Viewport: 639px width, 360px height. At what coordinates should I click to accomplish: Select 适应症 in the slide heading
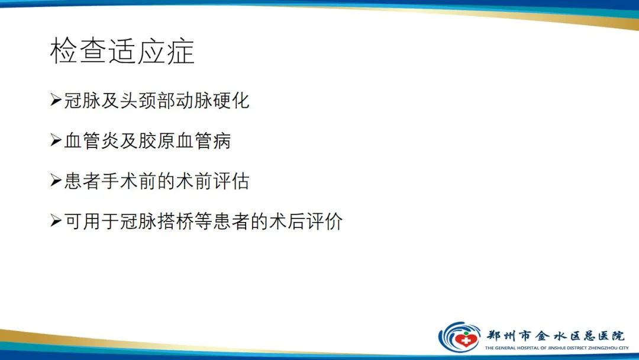pos(151,52)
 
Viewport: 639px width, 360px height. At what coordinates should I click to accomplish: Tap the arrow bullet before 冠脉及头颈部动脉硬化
pos(56,100)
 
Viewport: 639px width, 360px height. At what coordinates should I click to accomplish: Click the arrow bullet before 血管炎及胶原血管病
pos(56,140)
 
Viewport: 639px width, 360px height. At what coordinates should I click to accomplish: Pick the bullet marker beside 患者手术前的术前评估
pos(56,181)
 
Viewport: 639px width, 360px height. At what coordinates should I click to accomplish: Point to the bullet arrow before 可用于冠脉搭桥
pos(56,221)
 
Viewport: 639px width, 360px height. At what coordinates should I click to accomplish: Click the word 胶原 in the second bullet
pos(156,140)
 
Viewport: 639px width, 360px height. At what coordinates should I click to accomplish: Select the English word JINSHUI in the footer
pos(559,348)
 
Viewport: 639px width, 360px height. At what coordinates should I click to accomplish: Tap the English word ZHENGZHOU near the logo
pos(602,348)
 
